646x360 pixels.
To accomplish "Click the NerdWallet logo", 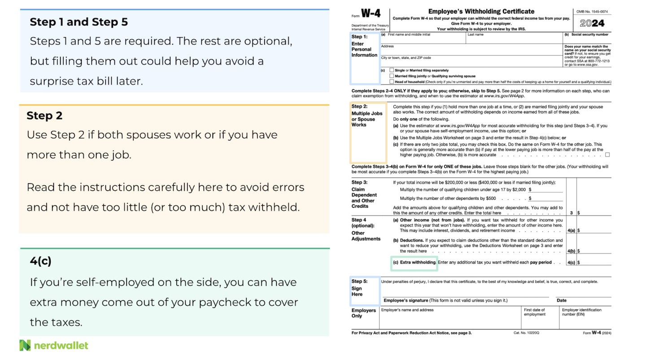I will tap(54, 345).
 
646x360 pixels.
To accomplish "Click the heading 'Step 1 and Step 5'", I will tap(79, 22).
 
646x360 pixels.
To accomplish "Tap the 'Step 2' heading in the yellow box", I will tap(44, 116).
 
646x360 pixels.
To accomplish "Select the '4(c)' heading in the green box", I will tap(41, 261).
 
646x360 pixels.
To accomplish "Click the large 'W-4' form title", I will tap(371, 14).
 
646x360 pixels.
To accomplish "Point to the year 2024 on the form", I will tap(592, 23).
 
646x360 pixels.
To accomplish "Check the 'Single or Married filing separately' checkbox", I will tap(392, 70).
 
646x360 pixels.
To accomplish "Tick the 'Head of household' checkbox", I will tap(392, 82).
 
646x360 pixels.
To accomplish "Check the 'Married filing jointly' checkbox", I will tap(392, 76).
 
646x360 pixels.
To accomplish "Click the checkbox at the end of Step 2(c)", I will tap(607, 155).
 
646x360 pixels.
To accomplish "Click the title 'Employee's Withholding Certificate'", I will tap(481, 11).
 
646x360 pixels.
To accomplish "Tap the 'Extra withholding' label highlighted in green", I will tap(418, 262).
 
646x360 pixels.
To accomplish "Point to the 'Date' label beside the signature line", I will tap(562, 300).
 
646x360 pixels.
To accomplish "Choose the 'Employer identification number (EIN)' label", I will tap(581, 312).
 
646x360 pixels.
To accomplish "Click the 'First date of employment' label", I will tap(535, 312).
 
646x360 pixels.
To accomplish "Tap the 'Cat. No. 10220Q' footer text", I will tap(526, 333).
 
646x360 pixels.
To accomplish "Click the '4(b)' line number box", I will tap(571, 251).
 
